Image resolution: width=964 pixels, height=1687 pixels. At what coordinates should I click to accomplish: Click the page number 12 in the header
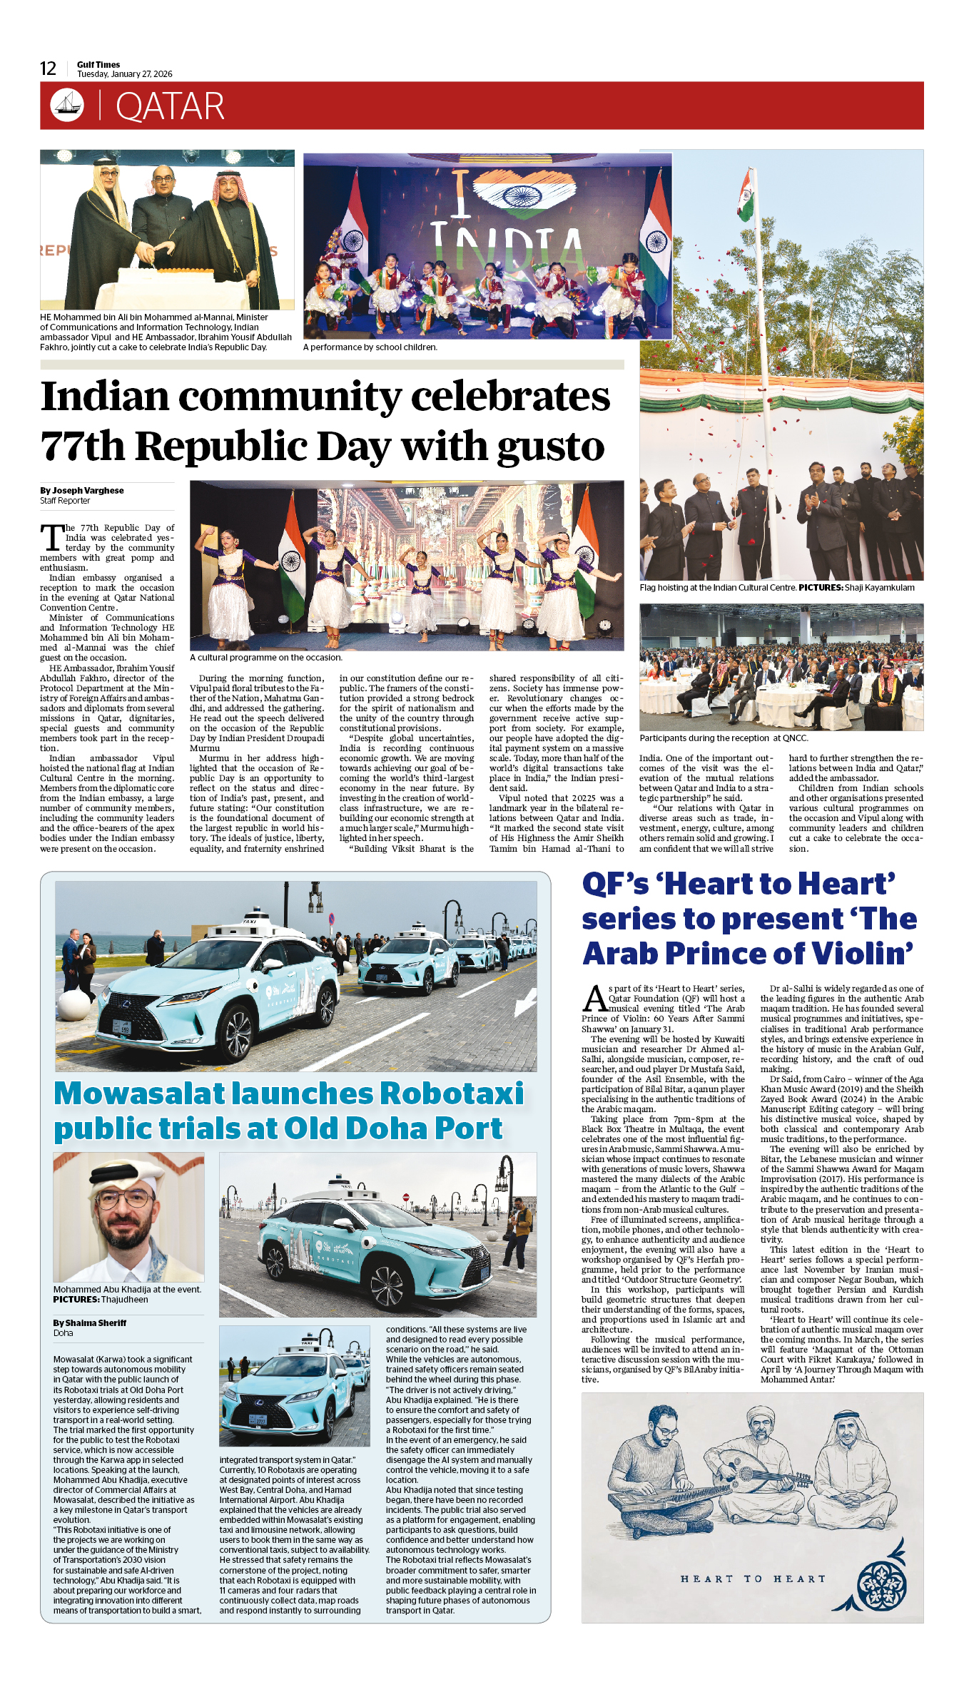(x=48, y=68)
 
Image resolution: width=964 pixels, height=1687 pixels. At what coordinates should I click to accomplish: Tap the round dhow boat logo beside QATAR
(x=67, y=106)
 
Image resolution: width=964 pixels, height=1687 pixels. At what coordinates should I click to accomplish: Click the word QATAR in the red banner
(x=170, y=106)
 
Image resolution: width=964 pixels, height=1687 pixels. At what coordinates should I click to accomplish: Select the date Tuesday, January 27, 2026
(x=125, y=74)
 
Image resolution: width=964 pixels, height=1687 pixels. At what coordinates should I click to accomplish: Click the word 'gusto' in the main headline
(x=551, y=447)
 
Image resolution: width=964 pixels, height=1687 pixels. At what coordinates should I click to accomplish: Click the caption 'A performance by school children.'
(x=370, y=347)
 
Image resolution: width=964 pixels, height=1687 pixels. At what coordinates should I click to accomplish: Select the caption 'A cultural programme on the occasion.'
(x=266, y=658)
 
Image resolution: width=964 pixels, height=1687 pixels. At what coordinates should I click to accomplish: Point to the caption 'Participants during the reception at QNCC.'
(x=724, y=738)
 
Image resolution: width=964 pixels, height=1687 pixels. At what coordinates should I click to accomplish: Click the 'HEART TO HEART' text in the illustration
(x=753, y=1579)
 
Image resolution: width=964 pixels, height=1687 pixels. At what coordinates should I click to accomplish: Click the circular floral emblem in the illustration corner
(x=881, y=1584)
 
